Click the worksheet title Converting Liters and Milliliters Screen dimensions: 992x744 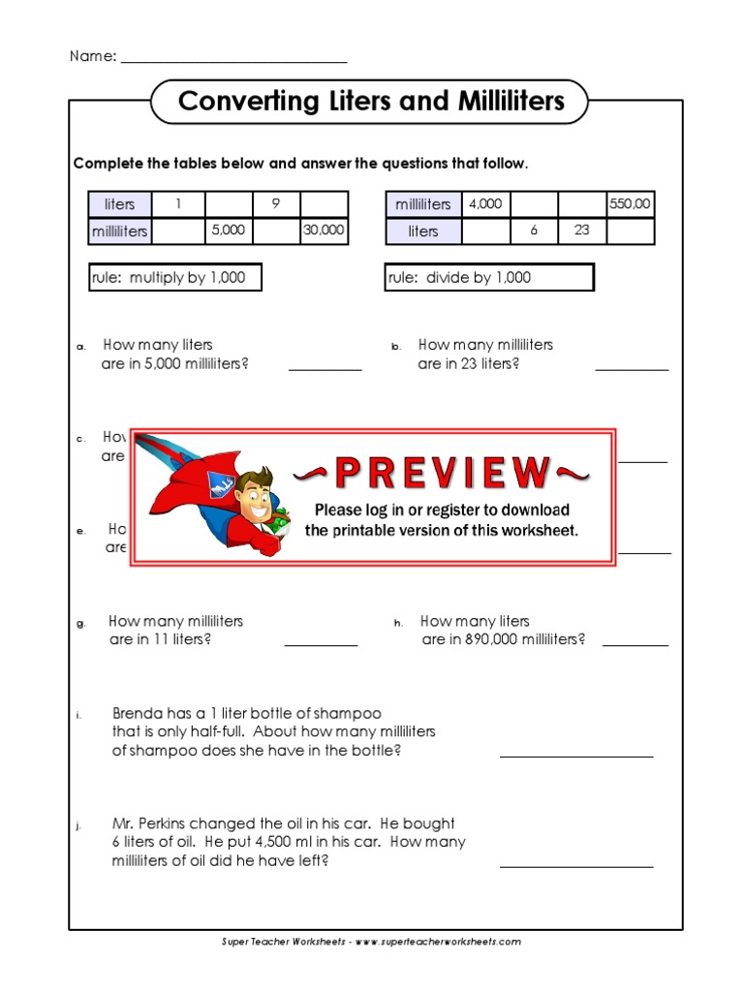[x=370, y=102]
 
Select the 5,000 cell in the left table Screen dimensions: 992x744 [x=229, y=232]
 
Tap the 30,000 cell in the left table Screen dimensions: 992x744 [x=324, y=232]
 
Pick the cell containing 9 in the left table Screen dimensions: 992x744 [x=275, y=204]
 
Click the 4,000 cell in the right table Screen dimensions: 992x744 [x=485, y=204]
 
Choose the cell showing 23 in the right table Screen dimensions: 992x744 [x=581, y=232]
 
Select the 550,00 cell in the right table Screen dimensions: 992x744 [x=630, y=204]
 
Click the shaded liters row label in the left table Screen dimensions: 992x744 [x=120, y=204]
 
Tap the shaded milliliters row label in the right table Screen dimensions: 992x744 [x=423, y=204]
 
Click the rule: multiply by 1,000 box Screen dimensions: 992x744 [x=175, y=278]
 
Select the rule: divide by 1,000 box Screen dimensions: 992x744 [x=489, y=278]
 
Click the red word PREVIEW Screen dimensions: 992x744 [x=441, y=473]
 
